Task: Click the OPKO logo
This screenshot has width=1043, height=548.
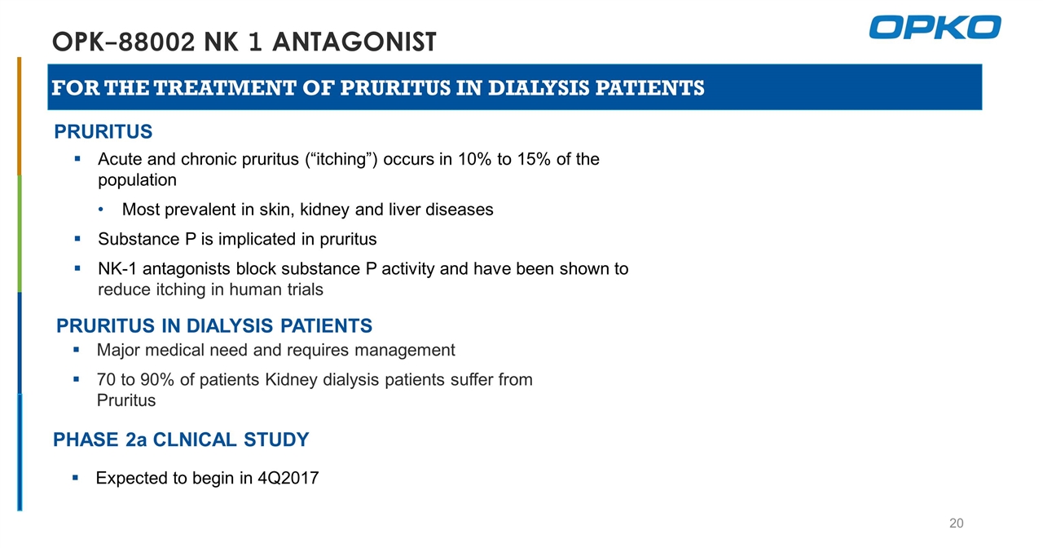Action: click(x=935, y=27)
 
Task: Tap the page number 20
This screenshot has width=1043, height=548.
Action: click(x=957, y=524)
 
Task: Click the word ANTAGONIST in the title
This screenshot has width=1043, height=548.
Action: click(x=354, y=42)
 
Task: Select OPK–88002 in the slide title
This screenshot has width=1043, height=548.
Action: click(x=123, y=42)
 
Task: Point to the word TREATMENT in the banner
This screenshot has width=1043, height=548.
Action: click(x=225, y=88)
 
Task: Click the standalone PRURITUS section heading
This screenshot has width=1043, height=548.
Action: click(x=103, y=132)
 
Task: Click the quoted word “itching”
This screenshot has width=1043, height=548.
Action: click(x=341, y=160)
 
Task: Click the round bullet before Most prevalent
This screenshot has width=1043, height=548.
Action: click(x=101, y=210)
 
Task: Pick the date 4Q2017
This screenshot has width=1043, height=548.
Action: click(x=288, y=479)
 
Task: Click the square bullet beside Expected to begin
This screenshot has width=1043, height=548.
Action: click(x=76, y=478)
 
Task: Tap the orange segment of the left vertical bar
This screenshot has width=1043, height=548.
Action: click(x=19, y=117)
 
